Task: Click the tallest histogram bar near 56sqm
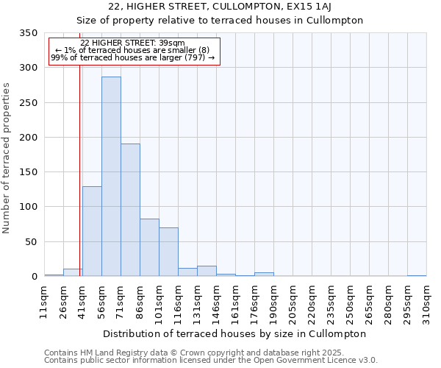[x=111, y=177]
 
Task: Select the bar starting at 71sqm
[x=130, y=210]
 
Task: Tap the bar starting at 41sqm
[x=92, y=231]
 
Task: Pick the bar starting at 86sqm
[x=149, y=247]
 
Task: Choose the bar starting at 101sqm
[x=168, y=252]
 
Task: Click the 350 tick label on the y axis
[x=28, y=33]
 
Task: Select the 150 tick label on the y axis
[x=28, y=172]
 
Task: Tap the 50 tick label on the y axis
[x=31, y=241]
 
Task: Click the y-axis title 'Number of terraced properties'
[x=7, y=158]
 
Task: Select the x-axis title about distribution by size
[x=235, y=333]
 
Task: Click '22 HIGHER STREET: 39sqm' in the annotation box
[x=132, y=43]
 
